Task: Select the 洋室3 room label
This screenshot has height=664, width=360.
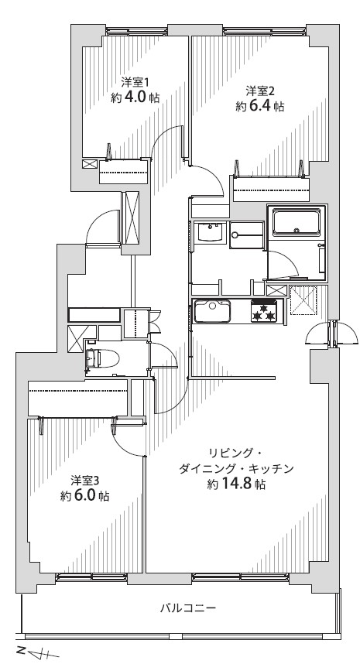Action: (x=84, y=481)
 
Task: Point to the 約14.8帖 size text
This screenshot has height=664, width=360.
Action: (x=236, y=484)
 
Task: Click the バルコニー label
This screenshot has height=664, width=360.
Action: (x=188, y=608)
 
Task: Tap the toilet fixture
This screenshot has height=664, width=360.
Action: (x=102, y=358)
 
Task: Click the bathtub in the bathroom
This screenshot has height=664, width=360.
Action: (x=296, y=221)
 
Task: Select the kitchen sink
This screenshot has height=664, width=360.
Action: (x=212, y=312)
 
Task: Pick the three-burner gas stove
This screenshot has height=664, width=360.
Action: (x=264, y=311)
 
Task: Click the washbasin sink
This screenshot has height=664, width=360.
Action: (x=211, y=232)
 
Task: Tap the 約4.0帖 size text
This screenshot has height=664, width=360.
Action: (x=135, y=98)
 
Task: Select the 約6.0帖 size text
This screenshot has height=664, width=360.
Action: (x=84, y=496)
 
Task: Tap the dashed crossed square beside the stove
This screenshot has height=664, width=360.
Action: (x=303, y=299)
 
